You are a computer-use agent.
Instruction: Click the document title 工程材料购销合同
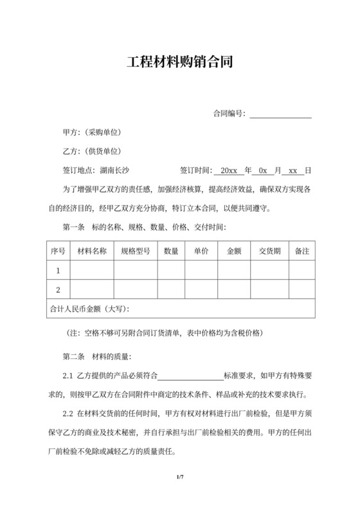point(179,62)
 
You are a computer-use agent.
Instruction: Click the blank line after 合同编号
point(280,114)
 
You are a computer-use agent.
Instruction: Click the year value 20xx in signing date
point(228,171)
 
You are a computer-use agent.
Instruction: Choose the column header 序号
point(59,251)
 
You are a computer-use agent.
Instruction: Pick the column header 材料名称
point(92,251)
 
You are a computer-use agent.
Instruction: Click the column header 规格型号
point(136,251)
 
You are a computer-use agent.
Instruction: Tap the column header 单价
point(201,251)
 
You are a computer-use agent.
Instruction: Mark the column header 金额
point(234,251)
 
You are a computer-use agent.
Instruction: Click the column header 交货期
point(269,251)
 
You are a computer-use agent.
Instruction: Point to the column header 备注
point(302,251)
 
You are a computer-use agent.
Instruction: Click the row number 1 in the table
point(59,270)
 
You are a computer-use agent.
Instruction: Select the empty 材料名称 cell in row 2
point(92,289)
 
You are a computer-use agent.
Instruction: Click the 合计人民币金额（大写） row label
point(89,309)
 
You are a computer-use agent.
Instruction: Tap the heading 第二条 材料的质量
point(96,356)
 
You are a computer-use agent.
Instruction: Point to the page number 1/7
point(180,477)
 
